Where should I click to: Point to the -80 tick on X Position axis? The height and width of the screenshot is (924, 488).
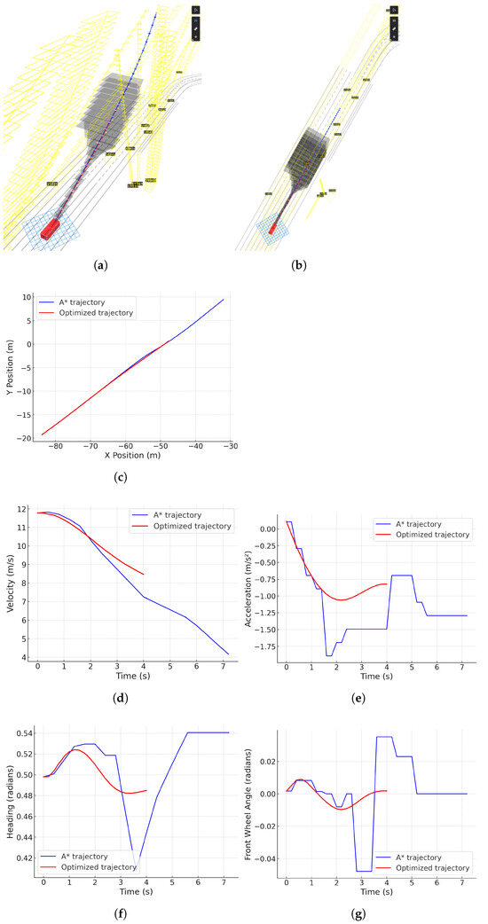tap(57, 446)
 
